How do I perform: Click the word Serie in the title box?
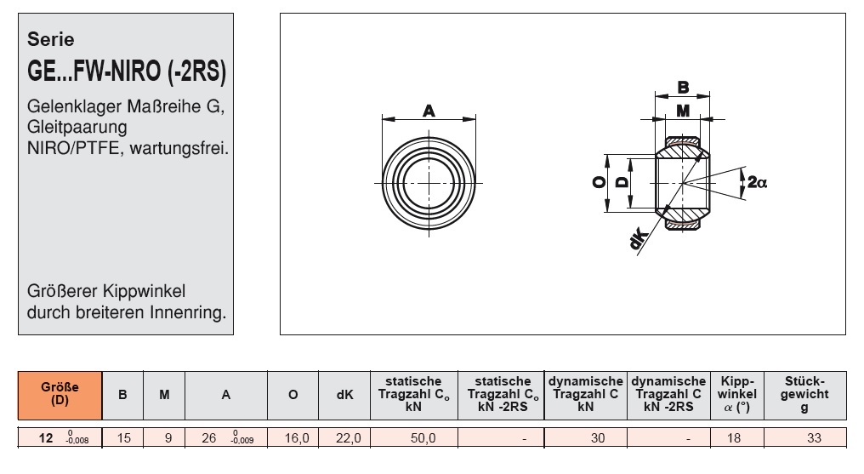click(51, 39)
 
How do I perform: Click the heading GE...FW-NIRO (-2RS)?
click(127, 73)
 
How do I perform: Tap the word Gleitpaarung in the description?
click(77, 127)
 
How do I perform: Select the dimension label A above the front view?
click(429, 110)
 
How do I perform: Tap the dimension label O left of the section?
click(599, 182)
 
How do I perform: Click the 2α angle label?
click(755, 181)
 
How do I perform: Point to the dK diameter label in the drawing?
click(638, 241)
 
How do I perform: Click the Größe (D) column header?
click(60, 393)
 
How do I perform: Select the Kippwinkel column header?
click(736, 393)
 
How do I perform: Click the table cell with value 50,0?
click(413, 439)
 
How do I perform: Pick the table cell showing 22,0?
click(344, 439)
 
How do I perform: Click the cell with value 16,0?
click(293, 439)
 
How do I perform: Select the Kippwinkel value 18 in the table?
click(736, 439)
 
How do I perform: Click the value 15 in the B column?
click(122, 439)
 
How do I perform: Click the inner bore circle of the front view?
click(429, 182)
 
